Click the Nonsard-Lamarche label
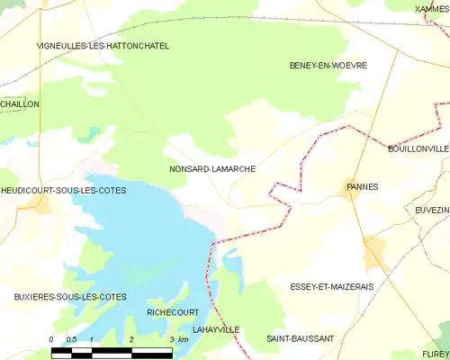pyautogui.click(x=212, y=168)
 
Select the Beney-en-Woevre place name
pyautogui.click(x=324, y=66)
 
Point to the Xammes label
pyautogui.click(x=432, y=8)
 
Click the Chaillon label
pyautogui.click(x=20, y=104)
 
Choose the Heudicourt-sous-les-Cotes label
pyautogui.click(x=63, y=191)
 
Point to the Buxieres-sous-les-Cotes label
pyautogui.click(x=69, y=296)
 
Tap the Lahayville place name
pyautogui.click(x=216, y=329)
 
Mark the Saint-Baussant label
pyautogui.click(x=300, y=338)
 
